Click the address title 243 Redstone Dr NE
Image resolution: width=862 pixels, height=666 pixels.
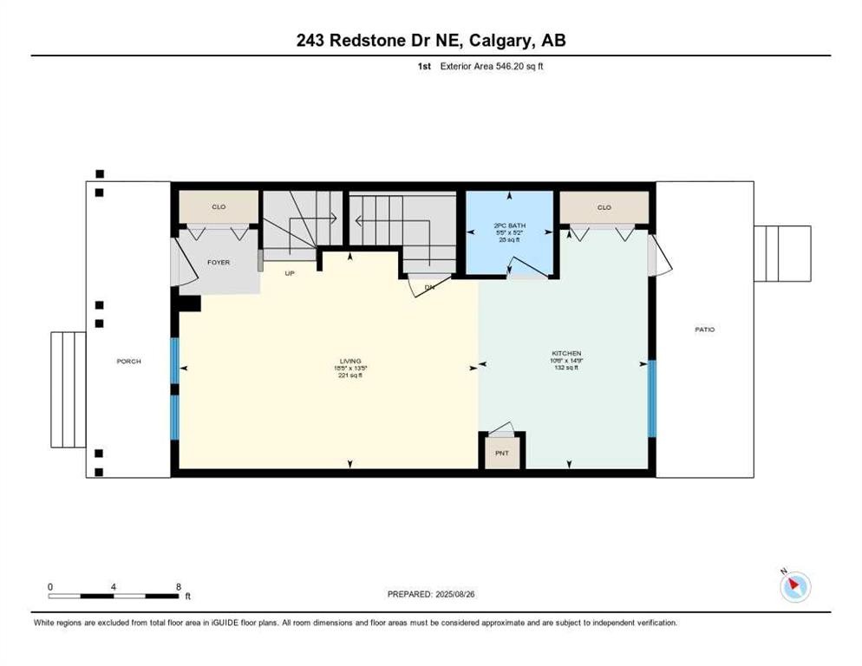[430, 41]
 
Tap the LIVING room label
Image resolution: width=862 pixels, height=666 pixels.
[349, 361]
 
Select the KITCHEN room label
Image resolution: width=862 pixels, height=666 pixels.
[565, 353]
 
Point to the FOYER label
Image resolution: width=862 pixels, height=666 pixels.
[219, 262]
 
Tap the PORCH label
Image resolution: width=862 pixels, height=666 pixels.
[128, 361]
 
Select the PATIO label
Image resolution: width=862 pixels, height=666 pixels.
[704, 330]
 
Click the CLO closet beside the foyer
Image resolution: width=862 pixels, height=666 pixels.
[219, 207]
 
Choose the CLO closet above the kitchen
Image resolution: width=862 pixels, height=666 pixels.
[604, 207]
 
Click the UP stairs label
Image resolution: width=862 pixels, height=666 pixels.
[291, 272]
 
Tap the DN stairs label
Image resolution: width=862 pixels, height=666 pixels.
[428, 287]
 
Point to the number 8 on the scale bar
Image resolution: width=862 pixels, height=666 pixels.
[178, 586]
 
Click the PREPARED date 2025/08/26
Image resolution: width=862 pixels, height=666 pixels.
[430, 594]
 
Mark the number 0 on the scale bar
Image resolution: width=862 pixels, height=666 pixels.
[50, 586]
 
